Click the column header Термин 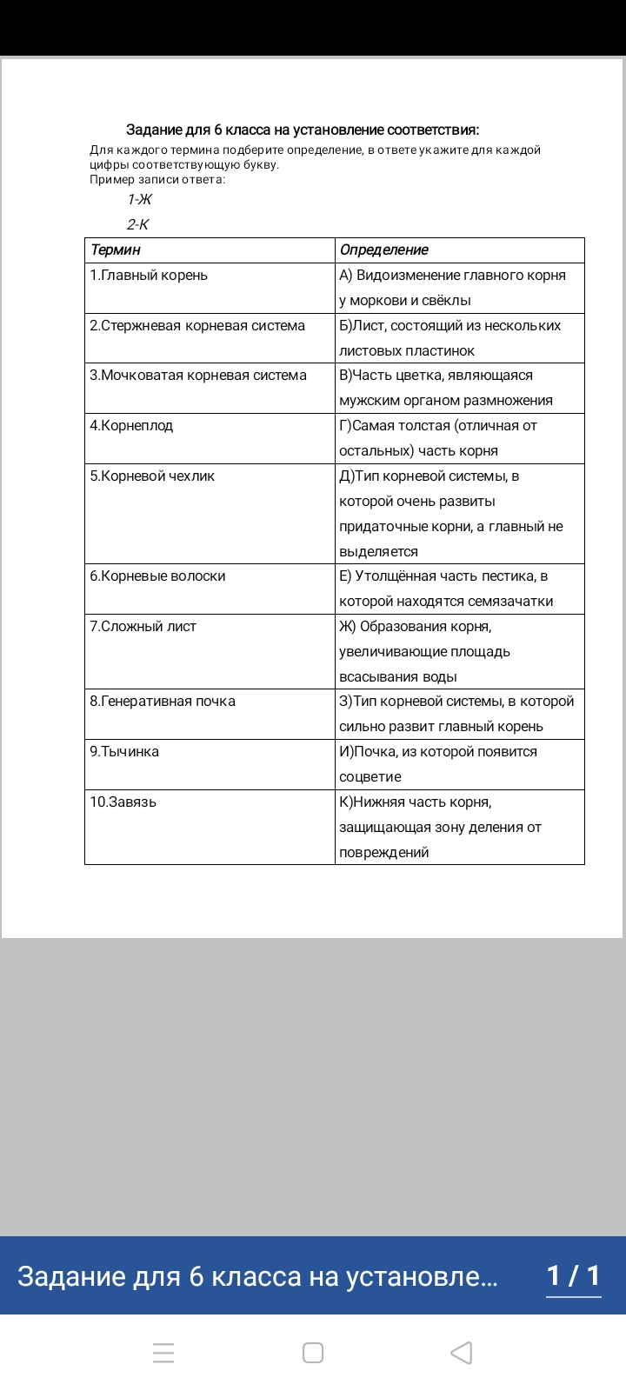tap(116, 250)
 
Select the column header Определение tap(384, 250)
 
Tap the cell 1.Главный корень tap(149, 276)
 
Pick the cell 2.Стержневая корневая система tap(197, 326)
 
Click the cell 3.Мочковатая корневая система tap(198, 376)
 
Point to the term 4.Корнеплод tap(131, 426)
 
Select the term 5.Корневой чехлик tap(152, 476)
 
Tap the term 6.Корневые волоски tap(157, 576)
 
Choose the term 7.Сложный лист tap(143, 627)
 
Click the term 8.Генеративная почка tap(163, 702)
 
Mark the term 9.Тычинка tap(124, 752)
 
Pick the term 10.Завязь tap(123, 802)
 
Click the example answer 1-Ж tap(139, 200)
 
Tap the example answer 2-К tap(138, 225)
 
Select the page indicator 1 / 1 tap(573, 1275)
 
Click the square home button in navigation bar tap(313, 1353)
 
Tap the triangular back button tap(462, 1353)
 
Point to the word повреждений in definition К tap(384, 853)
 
